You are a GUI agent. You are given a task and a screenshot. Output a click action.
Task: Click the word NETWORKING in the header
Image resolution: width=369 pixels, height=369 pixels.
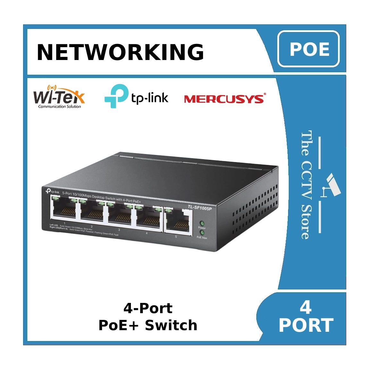click(120, 52)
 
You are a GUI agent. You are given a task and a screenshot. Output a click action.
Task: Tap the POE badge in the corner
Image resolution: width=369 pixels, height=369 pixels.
click(309, 49)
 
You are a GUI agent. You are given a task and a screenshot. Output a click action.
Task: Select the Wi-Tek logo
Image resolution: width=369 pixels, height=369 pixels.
click(59, 97)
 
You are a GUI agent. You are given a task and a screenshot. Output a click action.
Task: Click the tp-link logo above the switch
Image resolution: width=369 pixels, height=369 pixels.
click(136, 96)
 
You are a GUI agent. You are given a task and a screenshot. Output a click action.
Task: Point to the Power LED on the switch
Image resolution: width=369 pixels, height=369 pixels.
click(202, 223)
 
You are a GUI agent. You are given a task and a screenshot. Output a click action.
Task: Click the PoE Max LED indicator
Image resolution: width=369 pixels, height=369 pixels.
click(202, 232)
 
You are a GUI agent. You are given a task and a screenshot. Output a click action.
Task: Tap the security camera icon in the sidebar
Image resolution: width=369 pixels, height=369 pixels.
click(332, 184)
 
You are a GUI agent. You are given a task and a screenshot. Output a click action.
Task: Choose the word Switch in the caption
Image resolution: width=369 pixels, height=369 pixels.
click(171, 325)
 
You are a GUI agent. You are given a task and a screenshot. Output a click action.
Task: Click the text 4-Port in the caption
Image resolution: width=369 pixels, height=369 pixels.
click(148, 308)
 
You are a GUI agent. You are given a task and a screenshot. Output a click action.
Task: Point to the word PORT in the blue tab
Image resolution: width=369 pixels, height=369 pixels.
click(306, 325)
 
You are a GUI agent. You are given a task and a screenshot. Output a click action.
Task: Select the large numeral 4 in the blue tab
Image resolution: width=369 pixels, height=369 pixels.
click(305, 307)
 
